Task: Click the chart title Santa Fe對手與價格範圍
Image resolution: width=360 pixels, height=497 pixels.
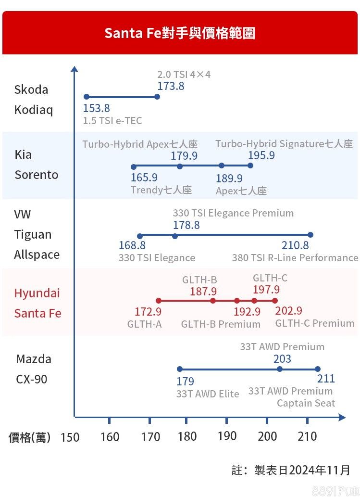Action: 180,33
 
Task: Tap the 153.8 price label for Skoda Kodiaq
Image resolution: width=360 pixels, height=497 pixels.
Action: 96,108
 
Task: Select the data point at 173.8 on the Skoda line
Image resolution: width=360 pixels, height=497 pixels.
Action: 157,97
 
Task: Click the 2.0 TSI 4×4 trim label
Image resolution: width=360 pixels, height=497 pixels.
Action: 184,75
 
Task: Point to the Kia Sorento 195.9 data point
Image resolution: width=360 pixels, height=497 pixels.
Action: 250,166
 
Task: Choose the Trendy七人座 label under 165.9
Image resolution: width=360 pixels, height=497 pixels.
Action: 161,190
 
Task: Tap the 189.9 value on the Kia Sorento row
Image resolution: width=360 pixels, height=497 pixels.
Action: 229,178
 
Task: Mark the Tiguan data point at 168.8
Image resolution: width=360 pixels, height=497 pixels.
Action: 140,236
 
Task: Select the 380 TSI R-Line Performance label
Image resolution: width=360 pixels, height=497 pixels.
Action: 295,258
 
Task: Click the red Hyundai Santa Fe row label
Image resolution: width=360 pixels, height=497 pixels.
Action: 37,303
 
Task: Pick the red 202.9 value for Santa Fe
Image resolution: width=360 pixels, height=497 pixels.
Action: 288,311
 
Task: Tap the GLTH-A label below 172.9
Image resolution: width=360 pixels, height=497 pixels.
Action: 144,324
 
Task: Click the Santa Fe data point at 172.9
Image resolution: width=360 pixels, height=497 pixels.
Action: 158,300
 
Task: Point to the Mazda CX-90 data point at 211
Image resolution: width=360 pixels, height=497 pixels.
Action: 318,369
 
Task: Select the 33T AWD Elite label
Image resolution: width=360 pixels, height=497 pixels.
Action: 207,394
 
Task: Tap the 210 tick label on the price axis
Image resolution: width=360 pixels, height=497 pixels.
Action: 307,436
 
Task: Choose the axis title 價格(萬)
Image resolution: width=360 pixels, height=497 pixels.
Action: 29,437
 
